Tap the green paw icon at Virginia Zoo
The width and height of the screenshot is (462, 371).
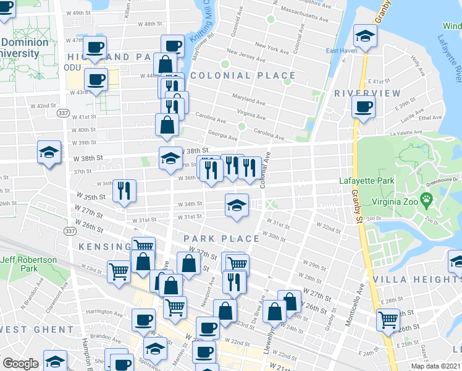pos(426,200)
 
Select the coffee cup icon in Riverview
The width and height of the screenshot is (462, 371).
pos(363,106)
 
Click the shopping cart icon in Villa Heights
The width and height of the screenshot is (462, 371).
pos(388,319)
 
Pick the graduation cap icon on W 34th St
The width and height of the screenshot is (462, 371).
pos(236,205)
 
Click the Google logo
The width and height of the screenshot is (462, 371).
pos(20,364)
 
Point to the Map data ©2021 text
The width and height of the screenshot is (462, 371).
pos(435,366)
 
